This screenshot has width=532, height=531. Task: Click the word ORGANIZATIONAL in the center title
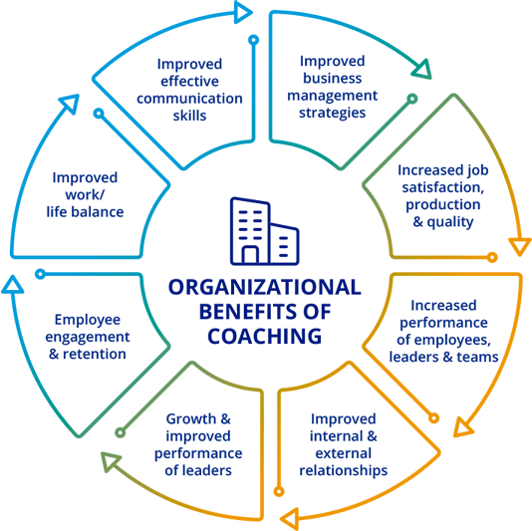tap(265, 287)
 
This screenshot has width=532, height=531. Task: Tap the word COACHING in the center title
tap(265, 337)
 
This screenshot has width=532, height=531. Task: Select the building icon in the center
tap(265, 231)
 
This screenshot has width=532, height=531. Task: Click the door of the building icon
tap(250, 254)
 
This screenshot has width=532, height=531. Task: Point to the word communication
tap(189, 99)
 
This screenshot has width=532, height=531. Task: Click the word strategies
tap(332, 113)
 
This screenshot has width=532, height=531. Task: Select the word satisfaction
tap(442, 187)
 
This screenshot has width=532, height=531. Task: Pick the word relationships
tap(344, 471)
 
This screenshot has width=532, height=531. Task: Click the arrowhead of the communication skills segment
tap(243, 13)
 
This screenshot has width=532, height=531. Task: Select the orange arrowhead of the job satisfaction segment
tap(519, 246)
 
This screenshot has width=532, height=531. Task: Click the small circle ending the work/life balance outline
tap(99, 113)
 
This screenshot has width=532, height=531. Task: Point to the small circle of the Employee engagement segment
tap(41, 274)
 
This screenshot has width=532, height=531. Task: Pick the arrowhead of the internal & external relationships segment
tap(291, 519)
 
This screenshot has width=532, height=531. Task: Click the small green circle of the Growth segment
tap(121, 432)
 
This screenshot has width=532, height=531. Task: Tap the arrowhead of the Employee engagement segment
tap(13, 284)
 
